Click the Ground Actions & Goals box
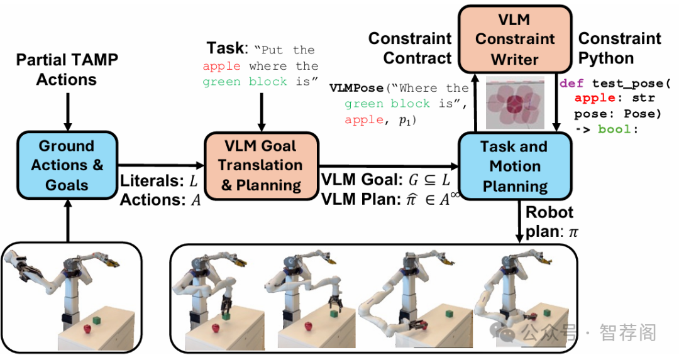(x=67, y=165)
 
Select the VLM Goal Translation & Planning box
(x=260, y=165)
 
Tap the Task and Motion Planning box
(x=514, y=166)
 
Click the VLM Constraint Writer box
(x=515, y=39)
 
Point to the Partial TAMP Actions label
(x=67, y=70)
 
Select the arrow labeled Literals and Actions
(x=161, y=166)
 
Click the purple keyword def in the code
(x=571, y=84)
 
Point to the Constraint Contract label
(x=410, y=48)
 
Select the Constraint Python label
(x=619, y=48)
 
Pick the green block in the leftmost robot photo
(x=97, y=320)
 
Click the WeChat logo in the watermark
(x=506, y=332)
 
